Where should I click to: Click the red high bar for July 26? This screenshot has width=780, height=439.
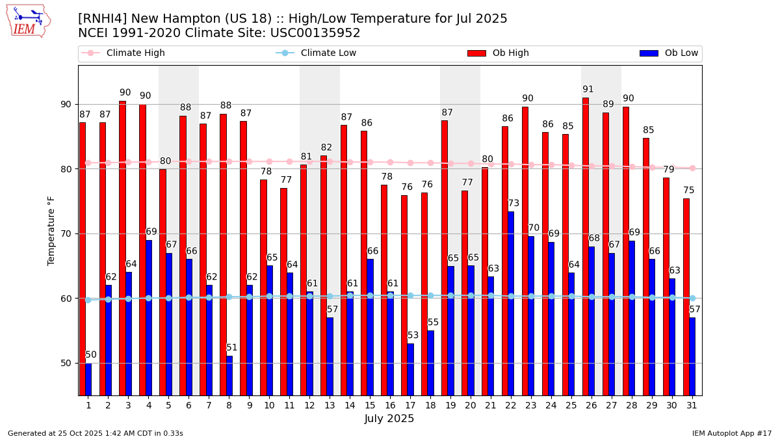click(x=585, y=246)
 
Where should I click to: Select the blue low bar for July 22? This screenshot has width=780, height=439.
click(x=511, y=303)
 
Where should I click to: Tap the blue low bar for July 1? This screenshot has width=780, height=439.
click(x=88, y=379)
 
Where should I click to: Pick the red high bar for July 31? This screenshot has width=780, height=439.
click(x=686, y=297)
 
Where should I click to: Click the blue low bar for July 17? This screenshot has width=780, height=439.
click(x=410, y=369)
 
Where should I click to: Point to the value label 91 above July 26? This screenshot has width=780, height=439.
click(x=588, y=90)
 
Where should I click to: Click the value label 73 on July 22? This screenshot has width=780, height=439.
click(x=513, y=204)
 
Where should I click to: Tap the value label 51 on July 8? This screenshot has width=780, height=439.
click(x=232, y=348)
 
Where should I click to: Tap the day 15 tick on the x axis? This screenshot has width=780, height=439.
click(x=370, y=405)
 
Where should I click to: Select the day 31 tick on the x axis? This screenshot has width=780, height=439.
click(x=692, y=405)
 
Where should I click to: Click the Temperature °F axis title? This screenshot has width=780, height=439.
click(x=51, y=230)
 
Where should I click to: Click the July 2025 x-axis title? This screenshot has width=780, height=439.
click(x=389, y=419)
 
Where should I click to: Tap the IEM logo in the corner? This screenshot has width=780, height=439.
click(x=28, y=21)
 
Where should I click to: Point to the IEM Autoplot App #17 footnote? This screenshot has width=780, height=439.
click(x=731, y=433)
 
